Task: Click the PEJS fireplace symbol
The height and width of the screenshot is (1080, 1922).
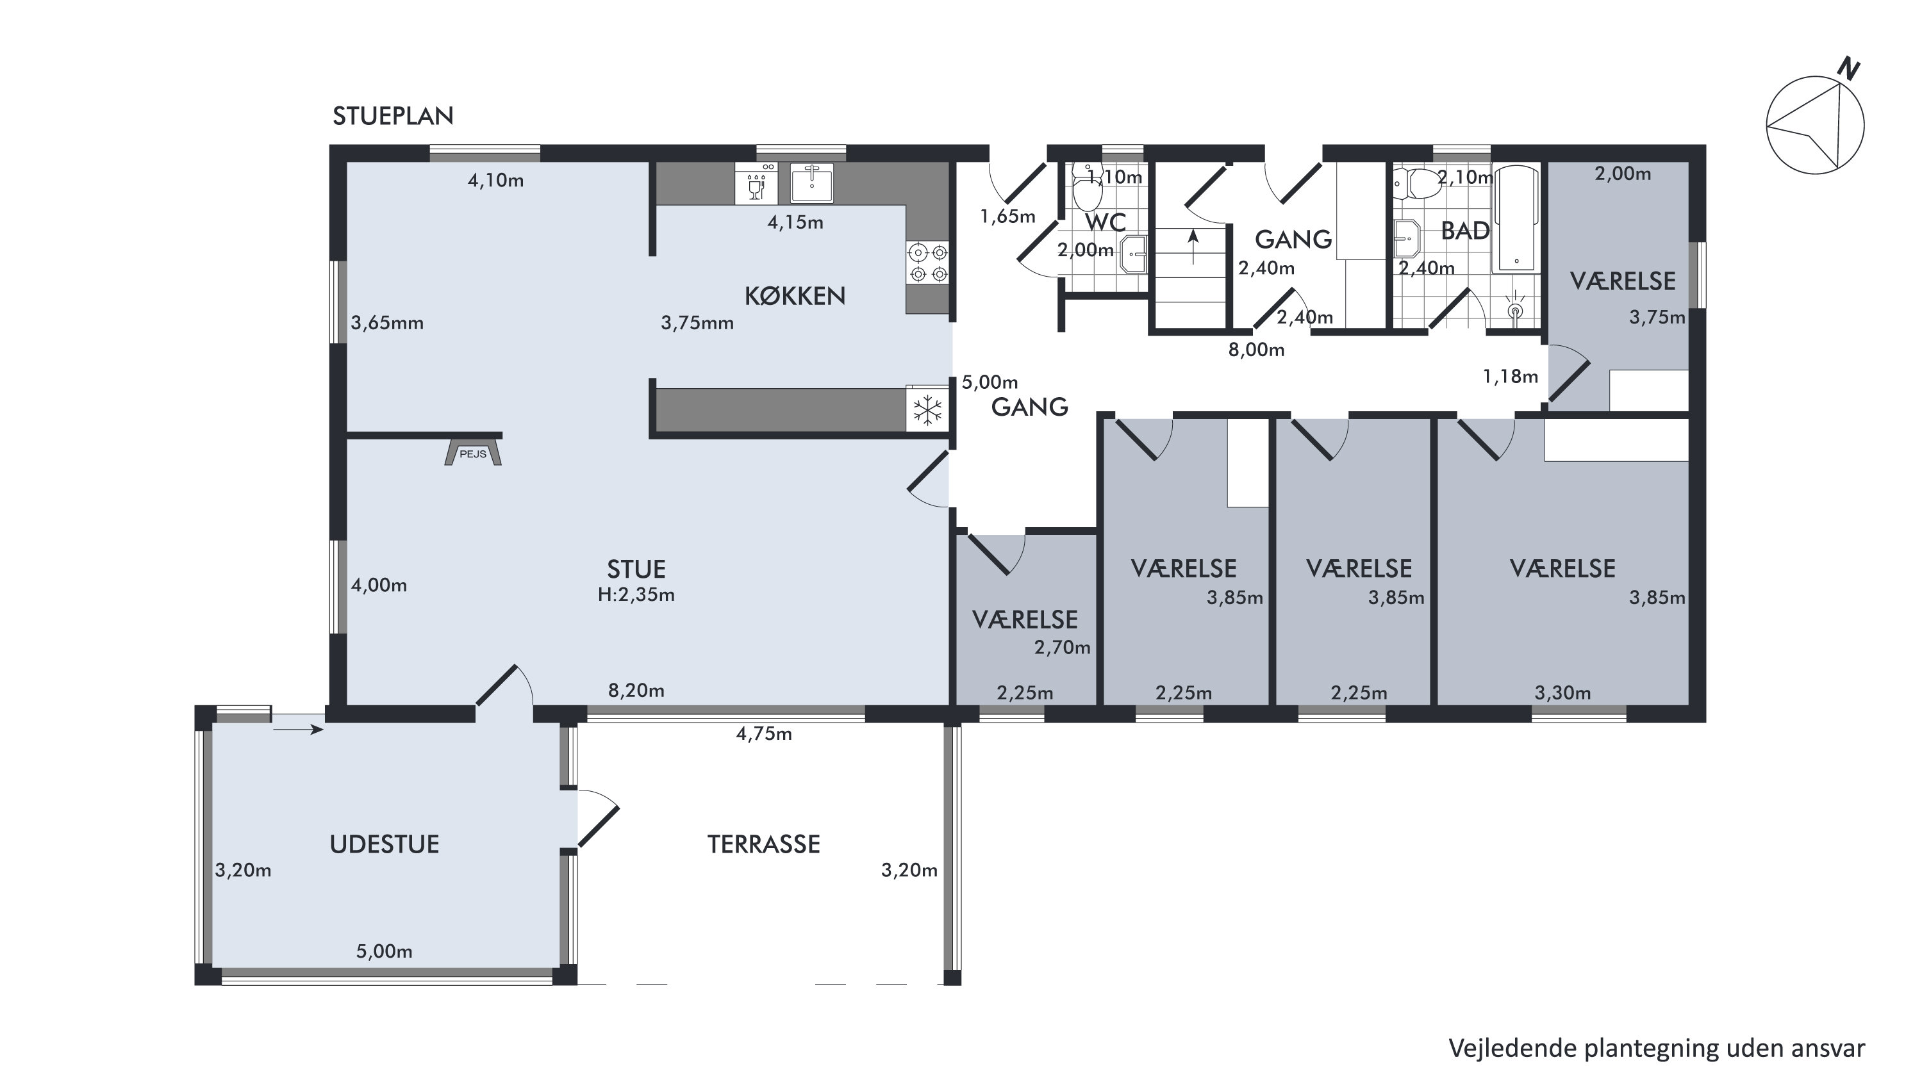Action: pos(473,453)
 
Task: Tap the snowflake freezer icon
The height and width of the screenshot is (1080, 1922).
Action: pos(927,409)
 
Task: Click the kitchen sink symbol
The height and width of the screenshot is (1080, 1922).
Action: pos(812,183)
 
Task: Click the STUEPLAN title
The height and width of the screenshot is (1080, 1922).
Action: pos(394,117)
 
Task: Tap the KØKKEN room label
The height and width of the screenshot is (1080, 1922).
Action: pos(795,296)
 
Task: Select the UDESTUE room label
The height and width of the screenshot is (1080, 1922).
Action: pos(385,844)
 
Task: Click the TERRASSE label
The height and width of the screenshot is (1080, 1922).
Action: pos(763,844)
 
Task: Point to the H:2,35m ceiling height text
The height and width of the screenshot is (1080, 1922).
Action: pos(636,594)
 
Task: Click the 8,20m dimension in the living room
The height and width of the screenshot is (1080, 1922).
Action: pos(636,691)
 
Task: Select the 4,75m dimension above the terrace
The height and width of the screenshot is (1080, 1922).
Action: pos(764,734)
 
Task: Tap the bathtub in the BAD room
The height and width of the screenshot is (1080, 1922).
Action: pos(1516,219)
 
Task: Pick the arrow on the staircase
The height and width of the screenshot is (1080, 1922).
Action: pos(1193,246)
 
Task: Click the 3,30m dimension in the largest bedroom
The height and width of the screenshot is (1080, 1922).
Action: pos(1562,693)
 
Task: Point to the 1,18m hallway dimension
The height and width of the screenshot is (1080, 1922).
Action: pos(1510,377)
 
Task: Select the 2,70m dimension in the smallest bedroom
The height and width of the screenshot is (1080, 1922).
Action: pos(1063,648)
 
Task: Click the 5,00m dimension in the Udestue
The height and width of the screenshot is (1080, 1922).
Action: pos(385,951)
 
